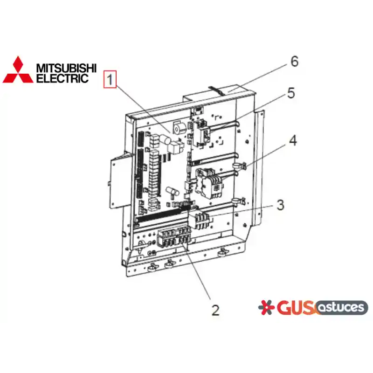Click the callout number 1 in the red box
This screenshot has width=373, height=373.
tap(110, 79)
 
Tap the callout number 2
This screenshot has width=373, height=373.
tap(215, 310)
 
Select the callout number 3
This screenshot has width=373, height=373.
tap(281, 205)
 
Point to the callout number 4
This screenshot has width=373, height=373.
tap(293, 140)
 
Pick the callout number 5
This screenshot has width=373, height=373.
tap(291, 93)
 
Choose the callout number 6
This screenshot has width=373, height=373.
tap(295, 62)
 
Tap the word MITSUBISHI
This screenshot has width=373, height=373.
tap(66, 68)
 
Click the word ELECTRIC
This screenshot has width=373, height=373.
tap(62, 78)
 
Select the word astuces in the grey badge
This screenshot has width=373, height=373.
tap(341, 307)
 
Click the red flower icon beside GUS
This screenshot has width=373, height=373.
tap(266, 307)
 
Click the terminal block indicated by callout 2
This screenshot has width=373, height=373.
tap(173, 238)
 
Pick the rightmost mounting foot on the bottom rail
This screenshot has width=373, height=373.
tap(222, 253)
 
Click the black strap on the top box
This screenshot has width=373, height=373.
tap(215, 90)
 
